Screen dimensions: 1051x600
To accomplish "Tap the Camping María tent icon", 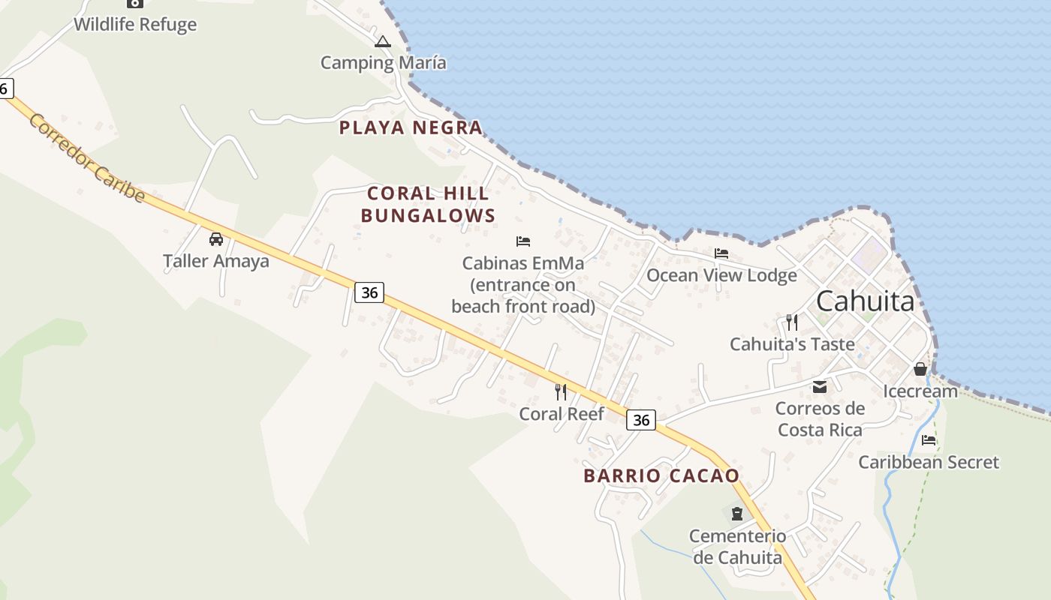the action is click(x=383, y=42).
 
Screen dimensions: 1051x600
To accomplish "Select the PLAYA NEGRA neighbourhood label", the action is click(x=411, y=128).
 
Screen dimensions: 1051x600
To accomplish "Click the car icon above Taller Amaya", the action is click(x=216, y=239).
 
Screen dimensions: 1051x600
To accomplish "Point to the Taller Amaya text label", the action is click(x=216, y=261).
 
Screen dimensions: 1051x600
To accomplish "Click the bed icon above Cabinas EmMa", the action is click(x=523, y=241).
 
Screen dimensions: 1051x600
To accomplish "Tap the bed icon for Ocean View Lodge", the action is click(x=721, y=253).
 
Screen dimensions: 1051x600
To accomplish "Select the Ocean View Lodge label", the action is click(x=721, y=275).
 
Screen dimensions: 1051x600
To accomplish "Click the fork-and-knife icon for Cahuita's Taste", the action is click(x=792, y=322).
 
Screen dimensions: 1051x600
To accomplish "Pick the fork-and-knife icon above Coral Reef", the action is click(x=561, y=391).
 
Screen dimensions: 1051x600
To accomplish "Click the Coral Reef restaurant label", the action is click(x=562, y=413).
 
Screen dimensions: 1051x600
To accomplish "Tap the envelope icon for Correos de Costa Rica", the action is click(x=820, y=387).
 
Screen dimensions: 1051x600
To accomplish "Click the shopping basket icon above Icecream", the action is click(x=920, y=369).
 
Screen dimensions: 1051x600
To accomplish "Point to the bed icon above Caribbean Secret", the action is click(x=929, y=440).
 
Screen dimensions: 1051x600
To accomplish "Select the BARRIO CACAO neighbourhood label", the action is click(x=661, y=475).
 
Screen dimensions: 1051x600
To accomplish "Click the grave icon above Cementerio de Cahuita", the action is click(x=737, y=514).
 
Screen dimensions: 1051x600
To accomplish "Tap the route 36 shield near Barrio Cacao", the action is click(x=641, y=420).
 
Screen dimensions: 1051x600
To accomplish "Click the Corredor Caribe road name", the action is click(x=87, y=158).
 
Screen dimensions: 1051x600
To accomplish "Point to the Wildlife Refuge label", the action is click(x=135, y=24).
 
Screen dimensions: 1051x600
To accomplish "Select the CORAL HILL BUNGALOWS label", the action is click(x=428, y=205).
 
